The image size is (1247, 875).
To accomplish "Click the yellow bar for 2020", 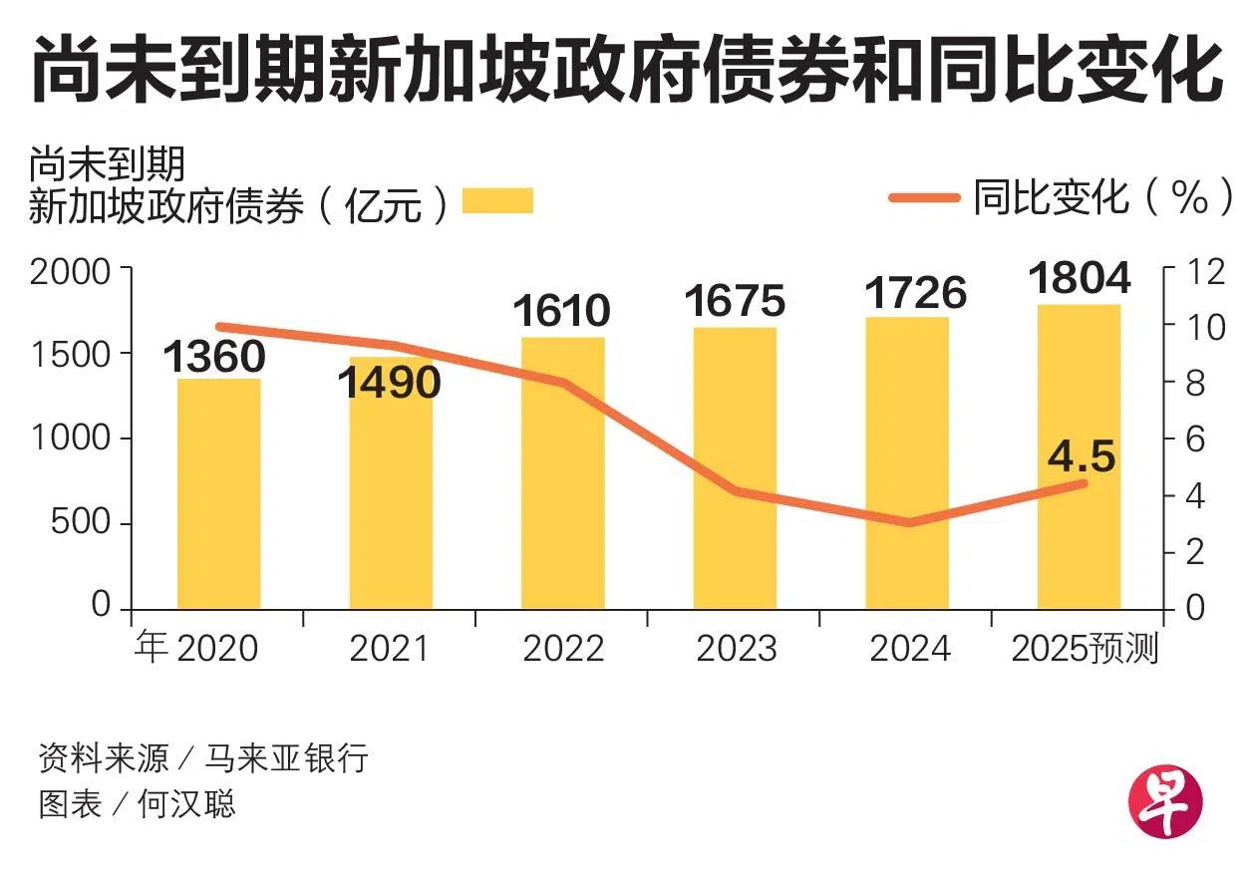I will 218,493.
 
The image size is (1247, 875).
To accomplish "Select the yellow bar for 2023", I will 735,468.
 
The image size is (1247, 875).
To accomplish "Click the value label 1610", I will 561,311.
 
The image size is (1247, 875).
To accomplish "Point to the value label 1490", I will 390,382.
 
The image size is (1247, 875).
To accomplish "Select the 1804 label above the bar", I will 1080,278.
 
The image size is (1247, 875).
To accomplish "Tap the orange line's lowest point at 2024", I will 907,522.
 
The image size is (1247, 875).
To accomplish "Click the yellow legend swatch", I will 497,200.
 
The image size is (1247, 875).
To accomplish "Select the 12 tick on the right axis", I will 1196,271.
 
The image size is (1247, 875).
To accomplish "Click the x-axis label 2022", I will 563,649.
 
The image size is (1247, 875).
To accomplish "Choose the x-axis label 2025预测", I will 1085,649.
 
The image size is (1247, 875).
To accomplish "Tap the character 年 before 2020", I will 152,649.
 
